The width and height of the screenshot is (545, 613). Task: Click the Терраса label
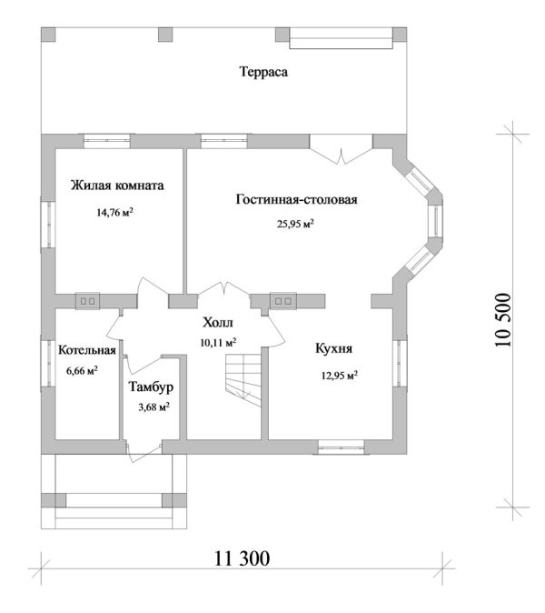click(x=263, y=72)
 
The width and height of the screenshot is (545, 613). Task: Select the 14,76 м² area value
click(x=116, y=213)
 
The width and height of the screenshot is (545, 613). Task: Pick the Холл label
click(x=217, y=323)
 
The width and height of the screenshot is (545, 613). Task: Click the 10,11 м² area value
click(x=218, y=343)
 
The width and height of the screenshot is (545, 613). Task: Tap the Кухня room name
click(x=334, y=348)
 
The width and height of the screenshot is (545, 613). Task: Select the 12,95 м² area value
click(x=337, y=374)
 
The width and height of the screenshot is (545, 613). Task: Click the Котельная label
click(x=86, y=350)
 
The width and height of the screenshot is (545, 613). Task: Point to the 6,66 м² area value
click(x=83, y=370)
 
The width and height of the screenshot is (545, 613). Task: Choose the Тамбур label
click(x=151, y=387)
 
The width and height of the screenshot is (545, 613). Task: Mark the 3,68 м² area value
click(x=153, y=407)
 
